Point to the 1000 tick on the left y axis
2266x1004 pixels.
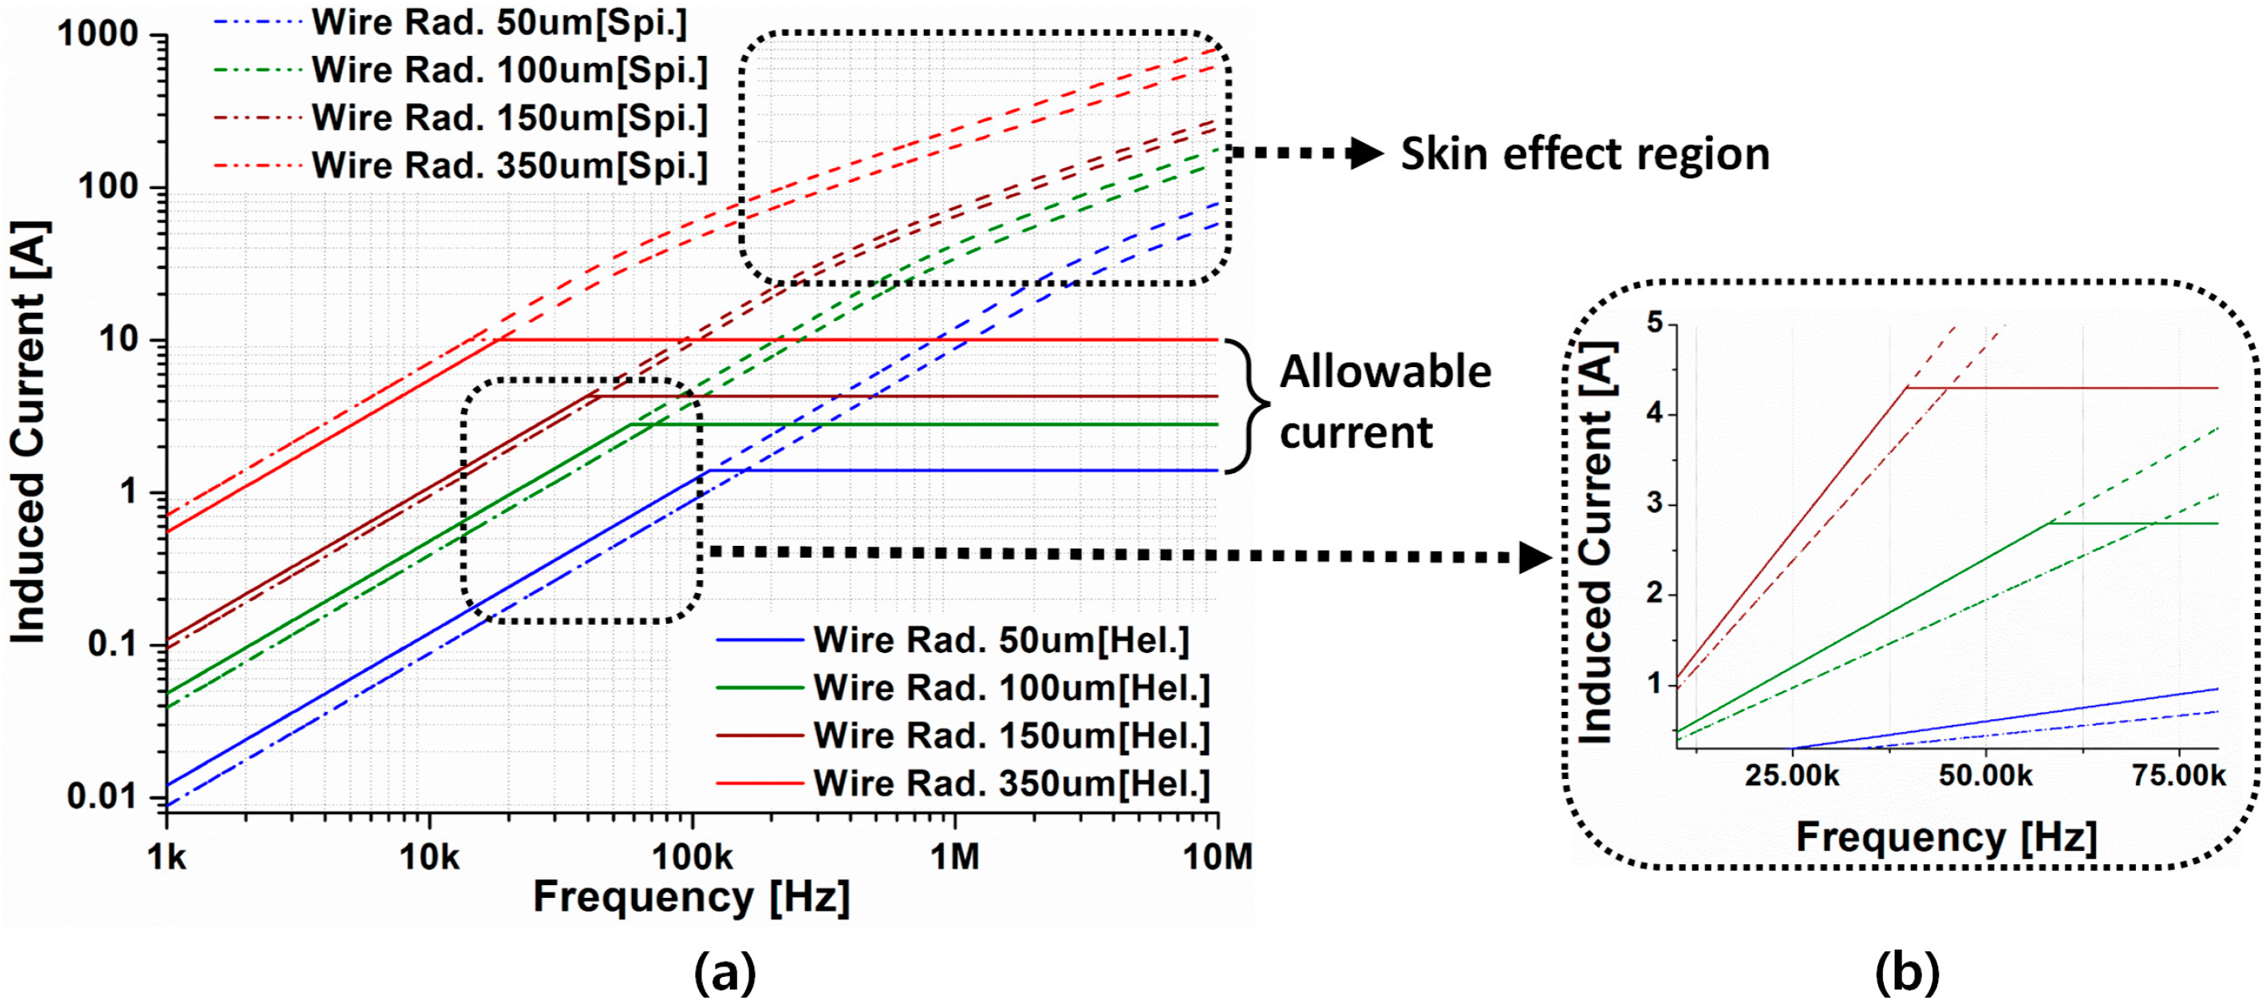click(x=97, y=34)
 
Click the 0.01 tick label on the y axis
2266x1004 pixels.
click(x=102, y=797)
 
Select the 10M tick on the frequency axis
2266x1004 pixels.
click(x=1218, y=856)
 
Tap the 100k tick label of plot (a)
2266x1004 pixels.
click(x=692, y=856)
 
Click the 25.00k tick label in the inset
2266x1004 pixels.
click(x=1792, y=776)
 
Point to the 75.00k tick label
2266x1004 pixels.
click(x=2179, y=776)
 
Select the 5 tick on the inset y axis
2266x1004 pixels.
click(x=1656, y=324)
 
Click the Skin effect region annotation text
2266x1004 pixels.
click(x=1585, y=154)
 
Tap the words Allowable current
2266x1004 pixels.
click(x=1384, y=402)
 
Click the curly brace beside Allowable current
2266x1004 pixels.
click(x=1249, y=405)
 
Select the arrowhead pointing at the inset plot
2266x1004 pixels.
click(x=1535, y=558)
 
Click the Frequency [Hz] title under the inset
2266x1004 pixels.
click(x=1946, y=837)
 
